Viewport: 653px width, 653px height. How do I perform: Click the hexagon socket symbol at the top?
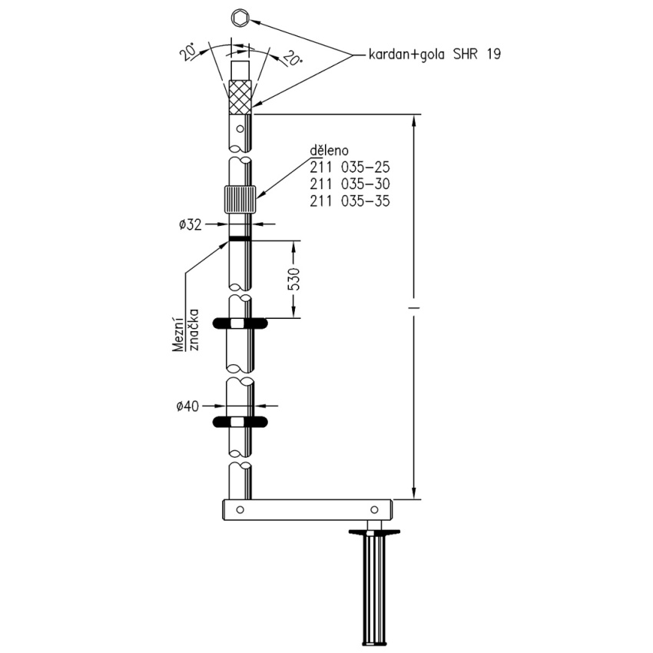point(240,18)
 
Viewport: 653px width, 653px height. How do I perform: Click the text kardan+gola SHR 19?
point(434,54)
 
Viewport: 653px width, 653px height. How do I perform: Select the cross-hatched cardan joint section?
point(240,98)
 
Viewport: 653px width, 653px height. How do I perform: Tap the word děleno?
point(329,150)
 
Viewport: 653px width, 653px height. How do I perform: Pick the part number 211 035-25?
point(350,167)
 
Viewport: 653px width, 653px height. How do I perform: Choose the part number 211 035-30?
point(350,184)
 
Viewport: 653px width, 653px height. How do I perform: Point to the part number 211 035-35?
point(350,201)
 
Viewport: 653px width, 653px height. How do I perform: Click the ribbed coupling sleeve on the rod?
point(240,200)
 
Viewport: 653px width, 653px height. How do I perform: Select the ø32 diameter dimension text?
point(191,225)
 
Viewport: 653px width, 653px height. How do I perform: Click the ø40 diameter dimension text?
point(187,406)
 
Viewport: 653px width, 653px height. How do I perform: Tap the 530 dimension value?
point(293,280)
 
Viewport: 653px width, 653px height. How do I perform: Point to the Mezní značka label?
point(186,330)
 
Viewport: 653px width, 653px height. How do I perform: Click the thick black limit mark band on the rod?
point(240,239)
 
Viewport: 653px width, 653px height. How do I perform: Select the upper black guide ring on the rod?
point(240,323)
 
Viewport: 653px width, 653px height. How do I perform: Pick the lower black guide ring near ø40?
point(240,422)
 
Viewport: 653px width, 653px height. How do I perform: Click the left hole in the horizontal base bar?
point(240,509)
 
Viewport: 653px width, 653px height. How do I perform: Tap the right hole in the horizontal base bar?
point(374,509)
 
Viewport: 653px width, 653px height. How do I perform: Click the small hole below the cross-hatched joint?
point(240,129)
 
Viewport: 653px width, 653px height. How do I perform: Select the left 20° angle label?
point(188,51)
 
